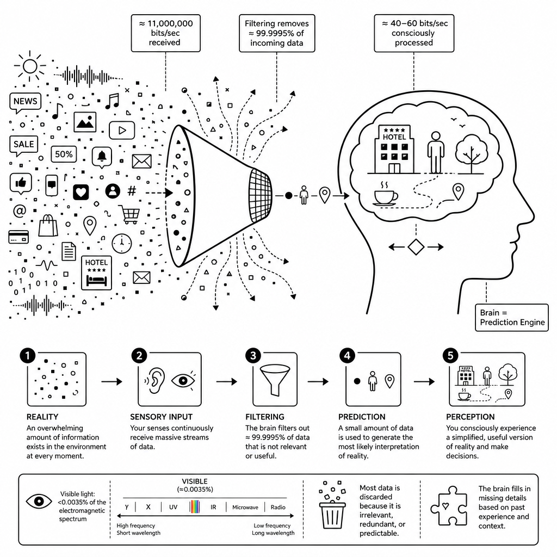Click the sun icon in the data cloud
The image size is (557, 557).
[30, 66]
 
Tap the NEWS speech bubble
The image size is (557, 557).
[25, 102]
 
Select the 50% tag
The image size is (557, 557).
[64, 154]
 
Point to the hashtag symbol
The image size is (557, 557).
[132, 191]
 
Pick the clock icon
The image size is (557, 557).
[121, 244]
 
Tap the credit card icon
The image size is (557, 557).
[18, 237]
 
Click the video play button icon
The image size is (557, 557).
[122, 131]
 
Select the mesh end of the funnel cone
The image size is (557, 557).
[261, 196]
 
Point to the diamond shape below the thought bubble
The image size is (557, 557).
[416, 247]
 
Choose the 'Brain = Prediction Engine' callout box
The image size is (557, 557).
[512, 318]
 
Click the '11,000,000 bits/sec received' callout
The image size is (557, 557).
[165, 33]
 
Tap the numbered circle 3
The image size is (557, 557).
[253, 356]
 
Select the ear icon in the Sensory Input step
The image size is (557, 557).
[154, 380]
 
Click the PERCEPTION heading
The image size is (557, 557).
[471, 417]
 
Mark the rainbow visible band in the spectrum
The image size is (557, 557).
[195, 507]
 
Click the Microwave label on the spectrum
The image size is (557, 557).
[245, 508]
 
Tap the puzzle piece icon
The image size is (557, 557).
[449, 506]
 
